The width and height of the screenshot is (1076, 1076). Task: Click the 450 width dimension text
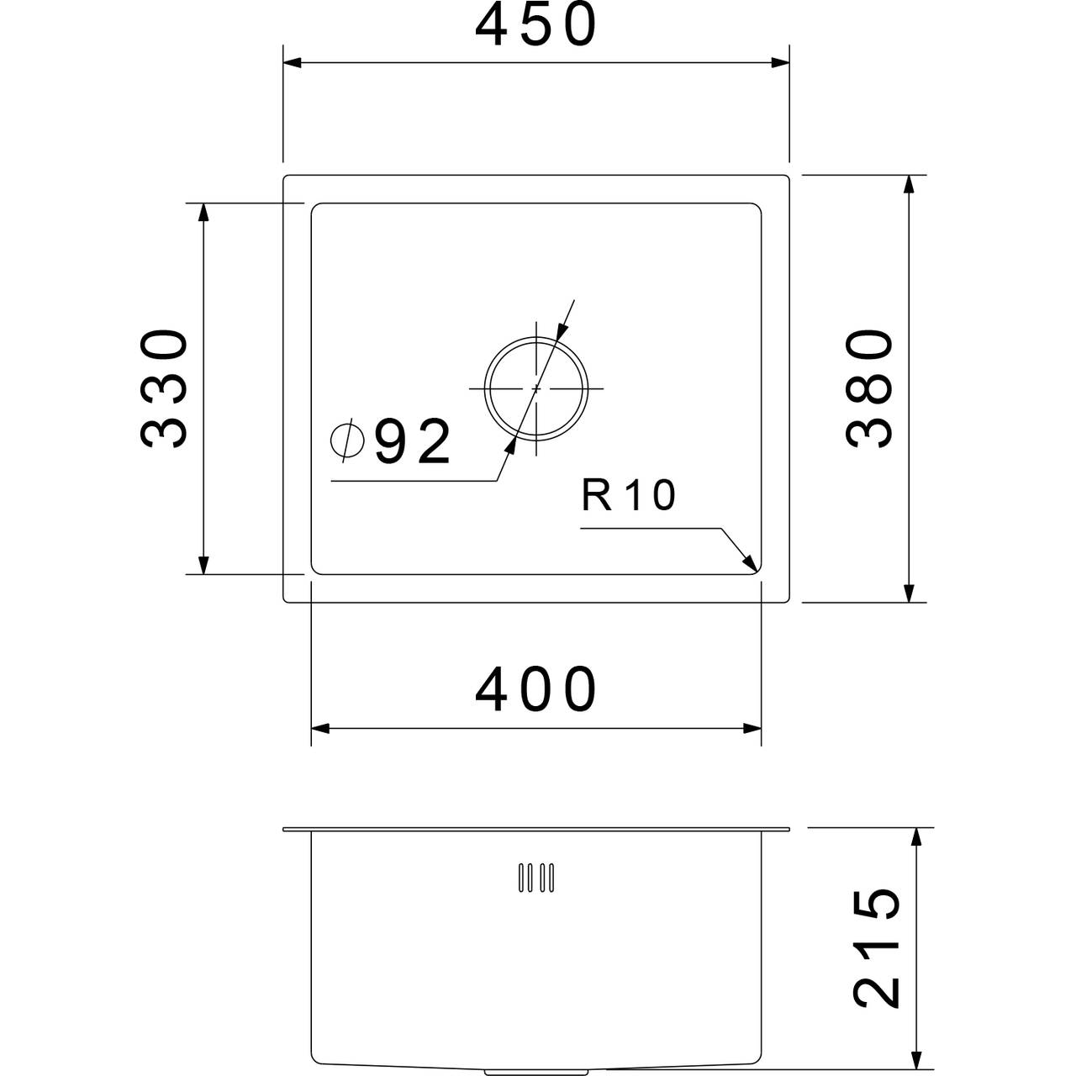coord(536,26)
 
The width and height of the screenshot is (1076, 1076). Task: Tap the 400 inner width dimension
coord(536,690)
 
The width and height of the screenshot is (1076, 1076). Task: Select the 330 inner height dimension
coord(163,388)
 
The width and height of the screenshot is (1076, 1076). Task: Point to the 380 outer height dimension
coord(869,388)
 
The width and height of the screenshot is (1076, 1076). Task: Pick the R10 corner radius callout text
coord(629,495)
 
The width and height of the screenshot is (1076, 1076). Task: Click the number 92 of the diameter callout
coord(412,441)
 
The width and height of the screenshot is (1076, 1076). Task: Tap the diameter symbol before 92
coord(347,440)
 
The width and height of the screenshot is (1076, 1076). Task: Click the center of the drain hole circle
coord(536,388)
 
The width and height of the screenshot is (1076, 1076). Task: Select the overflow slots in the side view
coord(536,878)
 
